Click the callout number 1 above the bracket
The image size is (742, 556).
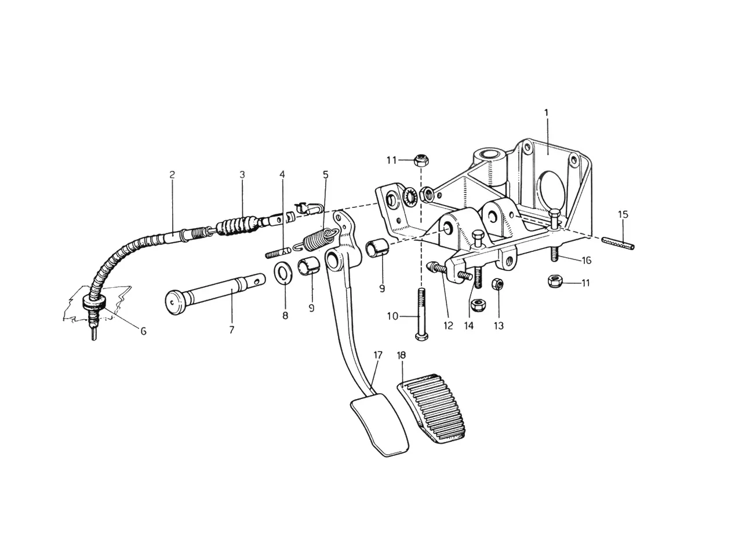(x=547, y=113)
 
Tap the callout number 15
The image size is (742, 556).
(x=623, y=214)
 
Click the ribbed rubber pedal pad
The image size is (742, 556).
(x=431, y=408)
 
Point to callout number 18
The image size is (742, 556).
(x=401, y=355)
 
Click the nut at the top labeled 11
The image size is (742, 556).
(x=420, y=160)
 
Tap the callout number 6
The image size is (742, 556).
(x=144, y=331)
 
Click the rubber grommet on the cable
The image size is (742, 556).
(x=94, y=302)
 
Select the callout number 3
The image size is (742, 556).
(x=242, y=175)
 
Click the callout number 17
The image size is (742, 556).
(x=378, y=355)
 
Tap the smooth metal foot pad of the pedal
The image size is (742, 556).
(x=379, y=425)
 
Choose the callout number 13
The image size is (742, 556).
(x=499, y=325)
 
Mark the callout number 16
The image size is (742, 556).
(x=587, y=260)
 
